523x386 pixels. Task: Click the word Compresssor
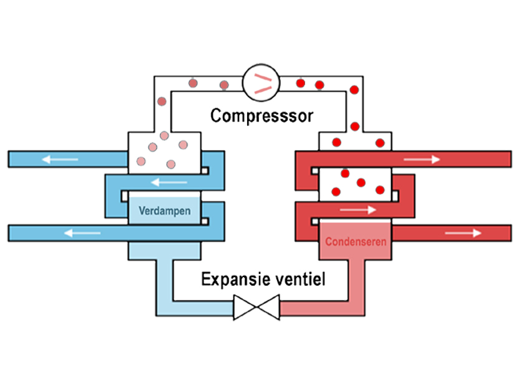261,115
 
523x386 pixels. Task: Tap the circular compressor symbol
261,81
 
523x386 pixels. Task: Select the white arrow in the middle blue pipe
169,182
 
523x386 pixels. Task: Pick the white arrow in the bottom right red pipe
463,233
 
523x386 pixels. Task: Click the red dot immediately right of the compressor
300,82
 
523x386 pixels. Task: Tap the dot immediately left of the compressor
224,84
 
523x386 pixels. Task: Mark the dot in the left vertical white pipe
162,101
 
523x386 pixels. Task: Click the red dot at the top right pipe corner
354,89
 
